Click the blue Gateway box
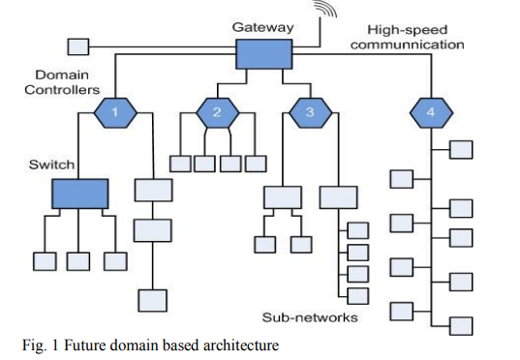[263, 54]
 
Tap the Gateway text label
[262, 27]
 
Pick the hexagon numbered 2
[217, 113]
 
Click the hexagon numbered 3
[309, 113]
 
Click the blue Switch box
[80, 195]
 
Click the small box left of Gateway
[77, 45]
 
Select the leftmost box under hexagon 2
[180, 163]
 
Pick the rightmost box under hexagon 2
[255, 163]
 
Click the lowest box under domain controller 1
[151, 299]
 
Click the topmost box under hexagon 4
[460, 149]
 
